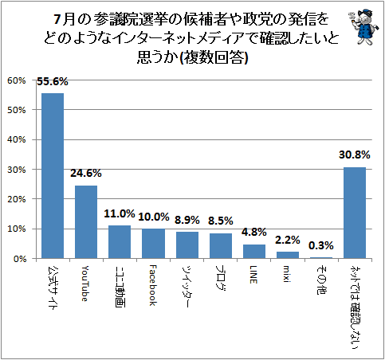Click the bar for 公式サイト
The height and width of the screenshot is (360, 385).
coord(53,176)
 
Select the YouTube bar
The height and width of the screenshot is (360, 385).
coord(86,222)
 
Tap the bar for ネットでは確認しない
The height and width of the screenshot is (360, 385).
coord(355,213)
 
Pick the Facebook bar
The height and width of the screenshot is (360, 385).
coord(153,244)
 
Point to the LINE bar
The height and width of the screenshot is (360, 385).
coord(254,252)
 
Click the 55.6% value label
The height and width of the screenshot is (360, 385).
coord(53,81)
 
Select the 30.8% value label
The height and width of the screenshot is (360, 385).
coord(355,155)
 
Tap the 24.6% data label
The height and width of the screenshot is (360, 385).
coord(86,174)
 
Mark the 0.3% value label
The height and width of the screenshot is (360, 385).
coord(321,245)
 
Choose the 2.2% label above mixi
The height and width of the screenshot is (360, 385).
coord(288,240)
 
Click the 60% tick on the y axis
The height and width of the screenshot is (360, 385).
coord(17,80)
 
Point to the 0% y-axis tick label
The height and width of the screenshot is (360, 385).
coord(20,259)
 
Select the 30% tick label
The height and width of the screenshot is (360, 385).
coord(17,170)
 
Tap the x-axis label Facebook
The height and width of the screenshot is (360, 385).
coord(153,285)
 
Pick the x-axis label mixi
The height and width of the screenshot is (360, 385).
coord(286,274)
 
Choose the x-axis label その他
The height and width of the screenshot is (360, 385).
coord(321,280)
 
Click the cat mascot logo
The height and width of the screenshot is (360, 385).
coord(363,26)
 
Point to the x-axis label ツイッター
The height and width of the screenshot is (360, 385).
coord(187,286)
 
